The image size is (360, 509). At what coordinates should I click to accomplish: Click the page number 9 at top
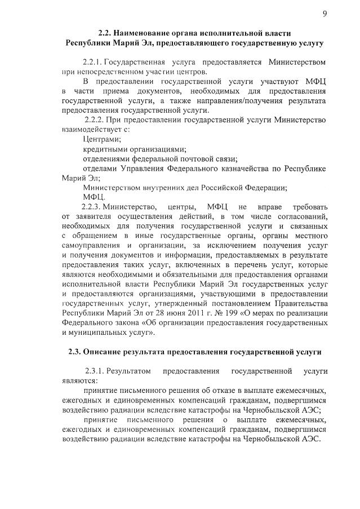click(325, 14)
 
